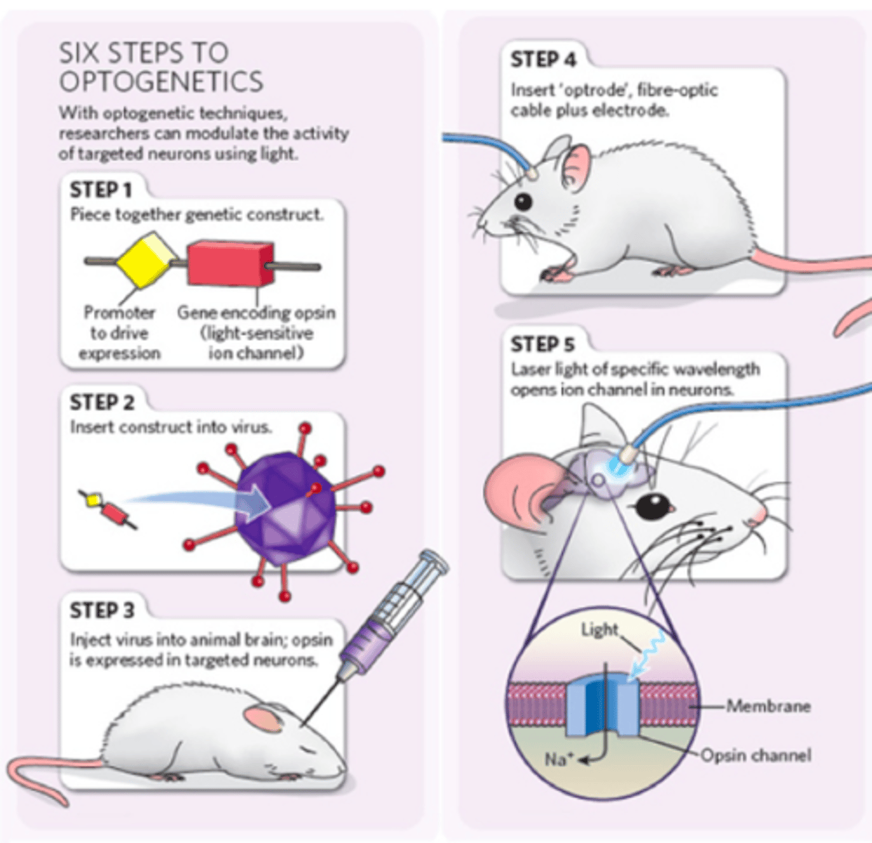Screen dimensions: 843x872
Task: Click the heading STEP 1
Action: point(100,190)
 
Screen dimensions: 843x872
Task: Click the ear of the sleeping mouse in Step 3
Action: point(261,718)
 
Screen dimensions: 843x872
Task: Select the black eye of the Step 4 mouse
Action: point(523,202)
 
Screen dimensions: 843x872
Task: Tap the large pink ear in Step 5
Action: point(518,493)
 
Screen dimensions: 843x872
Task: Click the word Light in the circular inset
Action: point(599,629)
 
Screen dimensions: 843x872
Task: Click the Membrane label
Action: point(767,705)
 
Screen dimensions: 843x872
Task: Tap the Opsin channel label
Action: point(755,756)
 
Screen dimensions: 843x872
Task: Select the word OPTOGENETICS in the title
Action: point(161,81)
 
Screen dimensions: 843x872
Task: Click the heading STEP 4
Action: point(542,60)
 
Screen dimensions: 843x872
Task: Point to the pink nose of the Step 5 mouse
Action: point(756,520)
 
